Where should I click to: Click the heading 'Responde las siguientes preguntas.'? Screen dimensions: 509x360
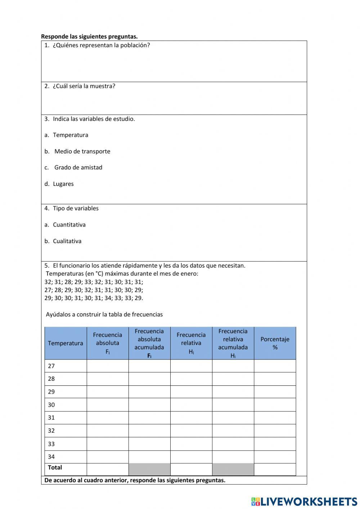coord(89,36)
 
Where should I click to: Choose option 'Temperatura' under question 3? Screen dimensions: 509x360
coord(70,135)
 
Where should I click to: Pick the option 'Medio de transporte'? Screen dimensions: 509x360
coord(82,151)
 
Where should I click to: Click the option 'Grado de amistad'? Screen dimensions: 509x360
coord(78,168)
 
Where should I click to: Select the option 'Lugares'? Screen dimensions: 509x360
coord(63,184)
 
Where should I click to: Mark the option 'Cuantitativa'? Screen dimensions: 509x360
coord(69,225)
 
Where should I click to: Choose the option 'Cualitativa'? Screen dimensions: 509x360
coord(67,241)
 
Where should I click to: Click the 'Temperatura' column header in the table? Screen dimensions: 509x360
coord(66,343)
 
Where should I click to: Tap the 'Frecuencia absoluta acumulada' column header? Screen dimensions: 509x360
coord(149,343)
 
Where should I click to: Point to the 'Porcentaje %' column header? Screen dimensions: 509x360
coord(275,343)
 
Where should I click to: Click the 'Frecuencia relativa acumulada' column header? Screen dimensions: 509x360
coord(233,343)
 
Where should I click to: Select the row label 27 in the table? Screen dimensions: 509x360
coord(51,366)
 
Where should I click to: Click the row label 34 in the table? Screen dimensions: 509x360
coord(51,457)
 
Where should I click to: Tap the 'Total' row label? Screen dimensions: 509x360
coord(55,468)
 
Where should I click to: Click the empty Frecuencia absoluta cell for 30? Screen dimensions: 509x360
coord(108,405)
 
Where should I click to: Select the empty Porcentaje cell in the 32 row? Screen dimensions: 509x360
coord(275,431)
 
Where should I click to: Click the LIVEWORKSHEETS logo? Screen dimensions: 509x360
coord(304,501)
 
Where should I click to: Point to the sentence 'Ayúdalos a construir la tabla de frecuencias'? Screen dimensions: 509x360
coord(104,314)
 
